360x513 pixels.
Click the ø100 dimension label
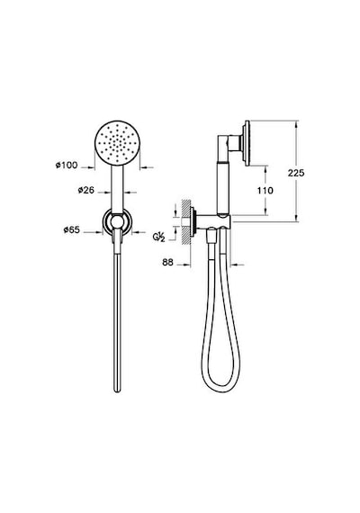[67, 166]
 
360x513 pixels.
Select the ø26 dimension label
[86, 190]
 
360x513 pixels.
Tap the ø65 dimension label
[72, 230]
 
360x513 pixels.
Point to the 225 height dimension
[296, 173]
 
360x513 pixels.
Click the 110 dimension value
[265, 191]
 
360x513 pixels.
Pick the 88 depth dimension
[168, 263]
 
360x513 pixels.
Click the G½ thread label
[158, 236]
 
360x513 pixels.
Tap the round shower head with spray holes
[117, 144]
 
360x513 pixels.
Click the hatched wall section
[186, 221]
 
